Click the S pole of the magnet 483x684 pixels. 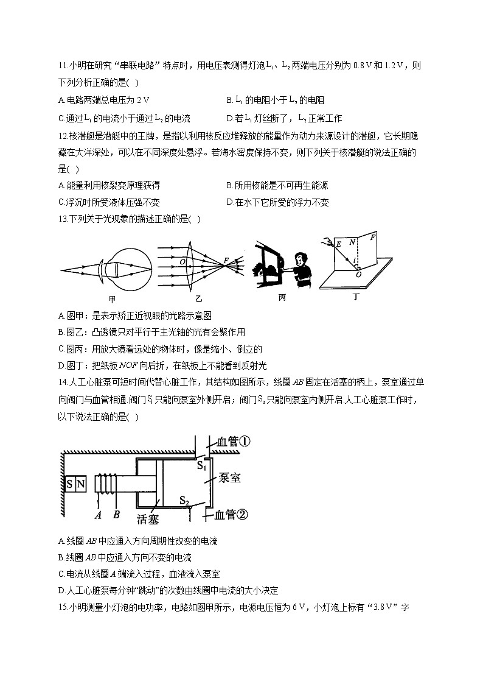tap(70, 484)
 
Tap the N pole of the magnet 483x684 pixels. tap(81, 484)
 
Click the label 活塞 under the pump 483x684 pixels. tap(148, 520)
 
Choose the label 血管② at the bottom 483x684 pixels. tap(232, 515)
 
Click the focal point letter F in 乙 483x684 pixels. tap(226, 260)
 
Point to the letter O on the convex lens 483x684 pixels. tap(182, 261)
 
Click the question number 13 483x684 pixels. tap(63, 219)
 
